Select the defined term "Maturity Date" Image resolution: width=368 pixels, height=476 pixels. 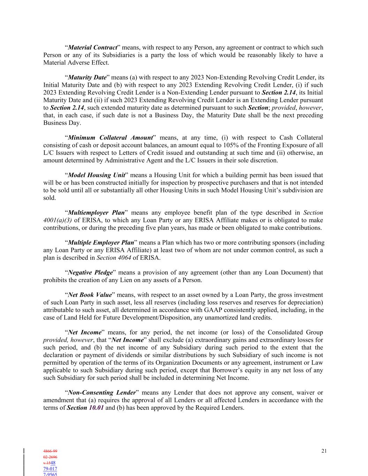(87, 77)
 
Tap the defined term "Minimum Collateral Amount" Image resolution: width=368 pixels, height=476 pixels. (110, 138)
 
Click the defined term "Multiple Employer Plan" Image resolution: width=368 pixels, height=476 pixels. (101, 243)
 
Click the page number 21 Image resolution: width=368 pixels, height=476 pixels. (324, 451)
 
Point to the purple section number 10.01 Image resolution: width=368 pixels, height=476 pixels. (96, 408)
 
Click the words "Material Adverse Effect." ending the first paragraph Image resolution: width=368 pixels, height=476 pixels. (76, 63)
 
